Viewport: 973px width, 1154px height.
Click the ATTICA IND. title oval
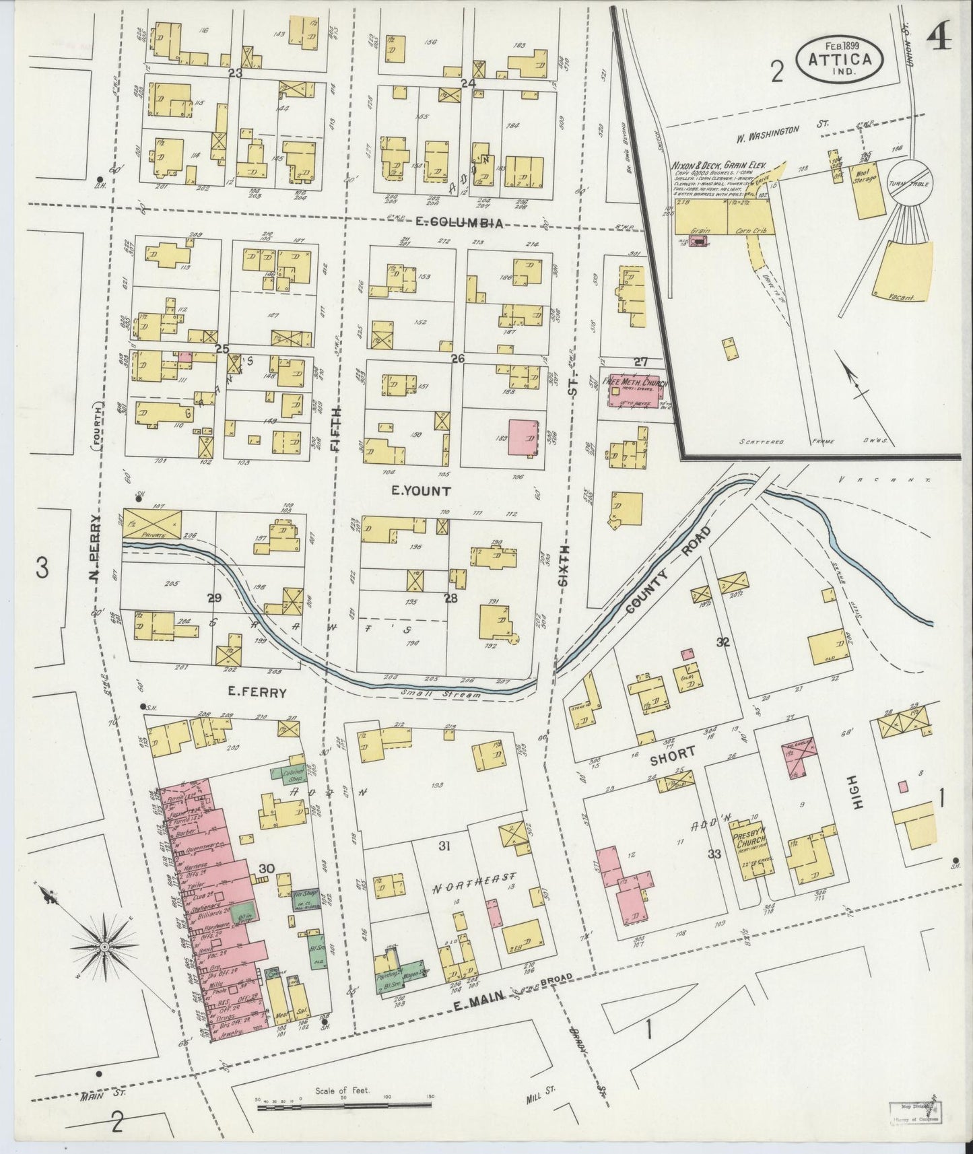coord(844,59)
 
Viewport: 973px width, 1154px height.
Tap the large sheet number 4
coord(939,42)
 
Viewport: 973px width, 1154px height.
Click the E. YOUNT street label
coord(421,491)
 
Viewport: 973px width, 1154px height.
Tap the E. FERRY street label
coord(258,692)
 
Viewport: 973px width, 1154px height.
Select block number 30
coord(266,869)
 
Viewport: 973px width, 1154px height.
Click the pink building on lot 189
coord(522,438)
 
